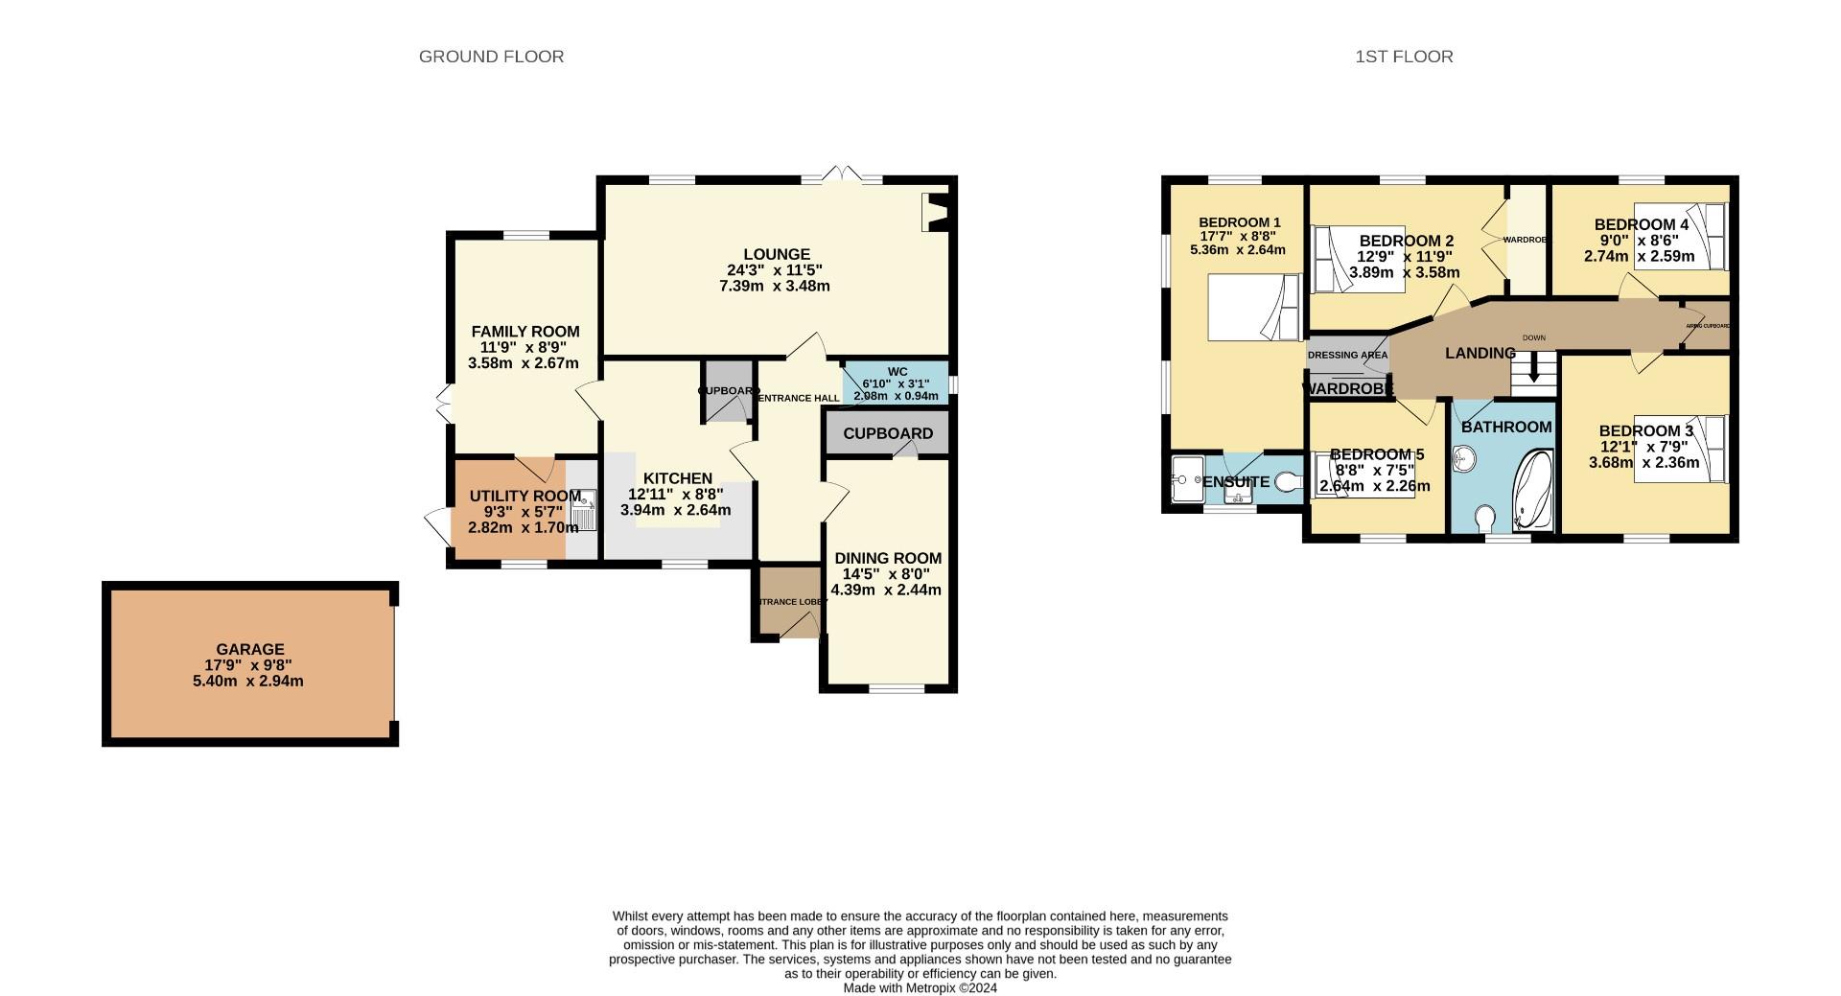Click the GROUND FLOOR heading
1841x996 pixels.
tap(491, 57)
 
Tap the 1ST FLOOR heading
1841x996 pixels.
tap(1404, 57)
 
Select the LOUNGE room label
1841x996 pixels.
tap(777, 254)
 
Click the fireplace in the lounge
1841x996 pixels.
tap(933, 212)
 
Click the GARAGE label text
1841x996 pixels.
tap(249, 649)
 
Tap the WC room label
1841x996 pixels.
tap(897, 372)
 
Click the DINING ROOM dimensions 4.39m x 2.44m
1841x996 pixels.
tap(886, 591)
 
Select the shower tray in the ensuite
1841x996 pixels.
tap(1186, 478)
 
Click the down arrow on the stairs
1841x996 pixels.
tap(1534, 369)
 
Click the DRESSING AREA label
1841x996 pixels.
tap(1347, 356)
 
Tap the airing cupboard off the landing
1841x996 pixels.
tap(1708, 326)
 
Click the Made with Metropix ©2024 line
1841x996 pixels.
tap(920, 987)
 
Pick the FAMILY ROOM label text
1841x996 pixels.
tap(525, 332)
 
